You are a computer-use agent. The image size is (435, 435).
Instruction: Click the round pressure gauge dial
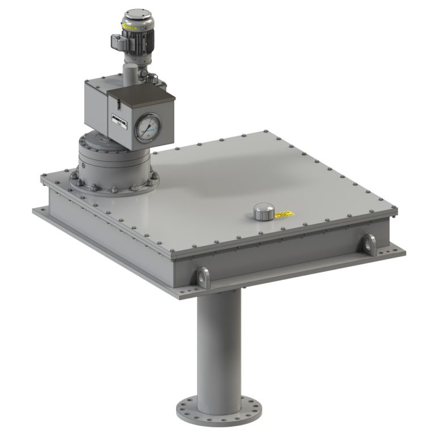tap(148, 127)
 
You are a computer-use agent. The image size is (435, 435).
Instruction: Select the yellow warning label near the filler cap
tap(283, 214)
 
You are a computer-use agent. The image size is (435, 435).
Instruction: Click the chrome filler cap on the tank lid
tap(263, 212)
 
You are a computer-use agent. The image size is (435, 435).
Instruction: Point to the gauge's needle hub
tap(148, 127)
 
